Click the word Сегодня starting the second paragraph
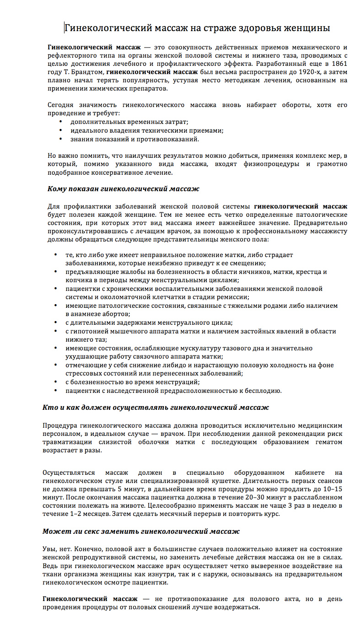point(63,105)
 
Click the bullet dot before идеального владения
point(61,130)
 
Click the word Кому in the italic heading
point(57,188)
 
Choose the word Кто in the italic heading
point(49,407)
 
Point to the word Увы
point(49,548)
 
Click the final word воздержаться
point(236,607)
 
